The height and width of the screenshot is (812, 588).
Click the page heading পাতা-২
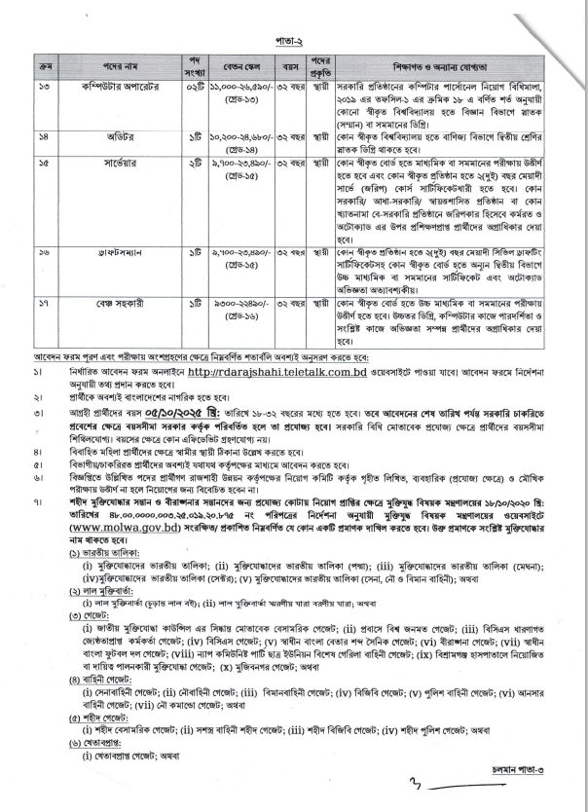pyautogui.click(x=294, y=44)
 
